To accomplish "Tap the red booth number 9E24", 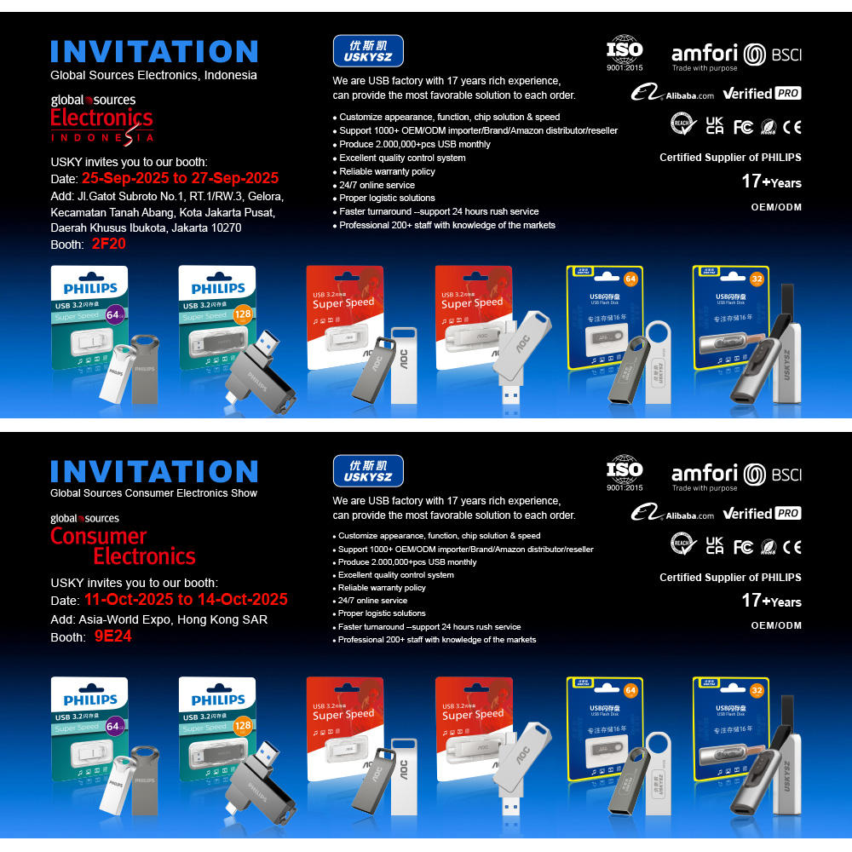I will pyautogui.click(x=112, y=636).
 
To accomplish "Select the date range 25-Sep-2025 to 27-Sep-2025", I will pyautogui.click(x=180, y=179).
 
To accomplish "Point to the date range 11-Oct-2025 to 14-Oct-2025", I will pyautogui.click(x=184, y=600).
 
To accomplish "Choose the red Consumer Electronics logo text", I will pyautogui.click(x=123, y=546).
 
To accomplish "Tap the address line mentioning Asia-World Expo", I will pyautogui.click(x=158, y=619).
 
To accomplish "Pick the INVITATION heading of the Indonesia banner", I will pyautogui.click(x=153, y=51).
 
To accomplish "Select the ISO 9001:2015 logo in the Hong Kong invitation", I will pyautogui.click(x=625, y=474).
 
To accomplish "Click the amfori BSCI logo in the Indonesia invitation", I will pyautogui.click(x=736, y=55).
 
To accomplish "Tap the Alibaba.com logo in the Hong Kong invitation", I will pyautogui.click(x=673, y=514).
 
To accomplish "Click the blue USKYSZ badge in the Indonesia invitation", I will pyautogui.click(x=367, y=51).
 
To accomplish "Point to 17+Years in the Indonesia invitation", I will pyautogui.click(x=771, y=181).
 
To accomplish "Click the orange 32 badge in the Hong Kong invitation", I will pyautogui.click(x=756, y=689).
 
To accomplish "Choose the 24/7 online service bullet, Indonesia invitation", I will pyautogui.click(x=377, y=185).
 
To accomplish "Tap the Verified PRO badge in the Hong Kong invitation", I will pyautogui.click(x=762, y=513).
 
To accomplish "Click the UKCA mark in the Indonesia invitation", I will pyautogui.click(x=714, y=125).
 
